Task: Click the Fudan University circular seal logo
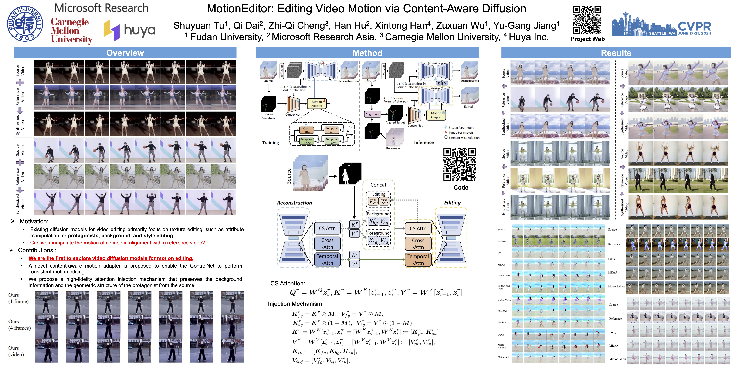coord(25,24)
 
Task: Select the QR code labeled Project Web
coord(587,20)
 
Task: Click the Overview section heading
coord(125,53)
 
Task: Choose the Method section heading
coord(367,53)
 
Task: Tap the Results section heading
coord(616,53)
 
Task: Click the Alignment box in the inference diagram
coord(372,114)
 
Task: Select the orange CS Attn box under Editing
coord(418,228)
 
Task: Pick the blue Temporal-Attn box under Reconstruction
coord(327,259)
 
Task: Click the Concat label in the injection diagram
coord(378,185)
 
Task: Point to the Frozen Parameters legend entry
coord(461,128)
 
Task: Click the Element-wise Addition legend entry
coord(464,138)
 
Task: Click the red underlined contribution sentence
coord(111,258)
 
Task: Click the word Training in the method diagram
coord(271,143)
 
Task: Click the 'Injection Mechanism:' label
coord(295,304)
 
